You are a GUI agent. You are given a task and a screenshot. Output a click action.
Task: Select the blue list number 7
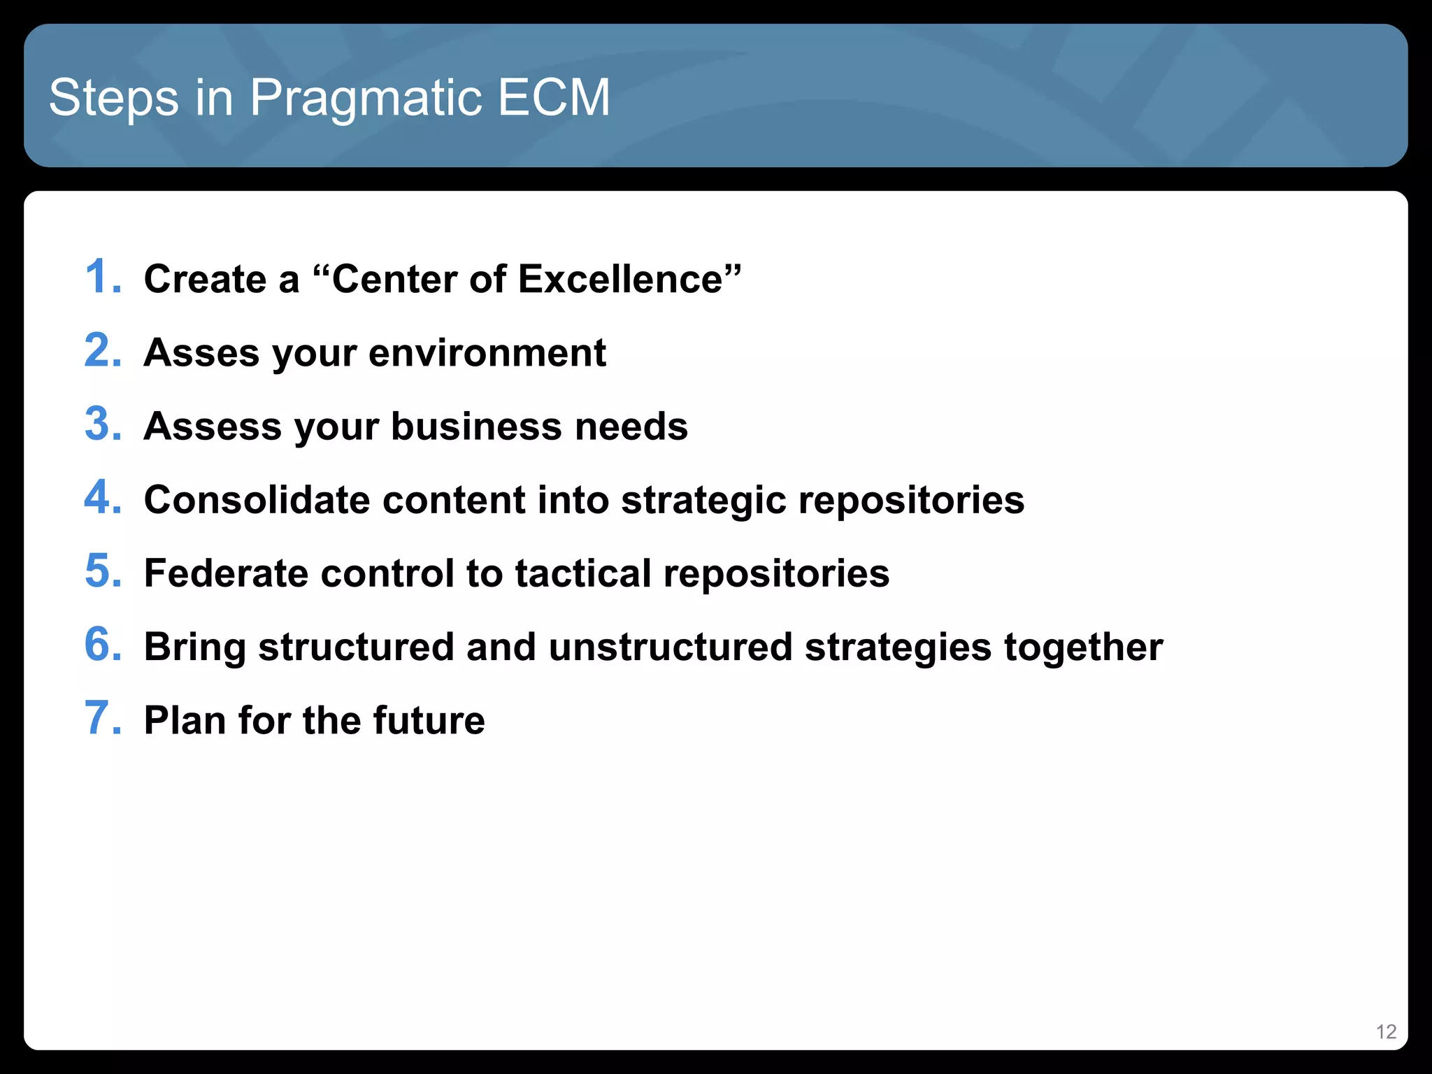pyautogui.click(x=101, y=718)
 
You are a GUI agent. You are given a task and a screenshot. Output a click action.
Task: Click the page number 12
pyautogui.click(x=1385, y=1032)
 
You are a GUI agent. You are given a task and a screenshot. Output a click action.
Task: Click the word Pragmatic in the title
pyautogui.click(x=365, y=98)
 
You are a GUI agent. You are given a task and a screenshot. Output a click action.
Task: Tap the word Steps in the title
pyautogui.click(x=113, y=98)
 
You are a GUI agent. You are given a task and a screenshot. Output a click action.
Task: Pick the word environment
pyautogui.click(x=487, y=352)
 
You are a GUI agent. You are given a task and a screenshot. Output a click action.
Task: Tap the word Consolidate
pyautogui.click(x=257, y=500)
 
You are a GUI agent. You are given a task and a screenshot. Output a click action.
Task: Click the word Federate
pyautogui.click(x=226, y=573)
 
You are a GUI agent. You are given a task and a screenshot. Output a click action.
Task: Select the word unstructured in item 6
pyautogui.click(x=670, y=647)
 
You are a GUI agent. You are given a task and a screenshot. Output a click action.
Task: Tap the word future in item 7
pyautogui.click(x=429, y=720)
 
